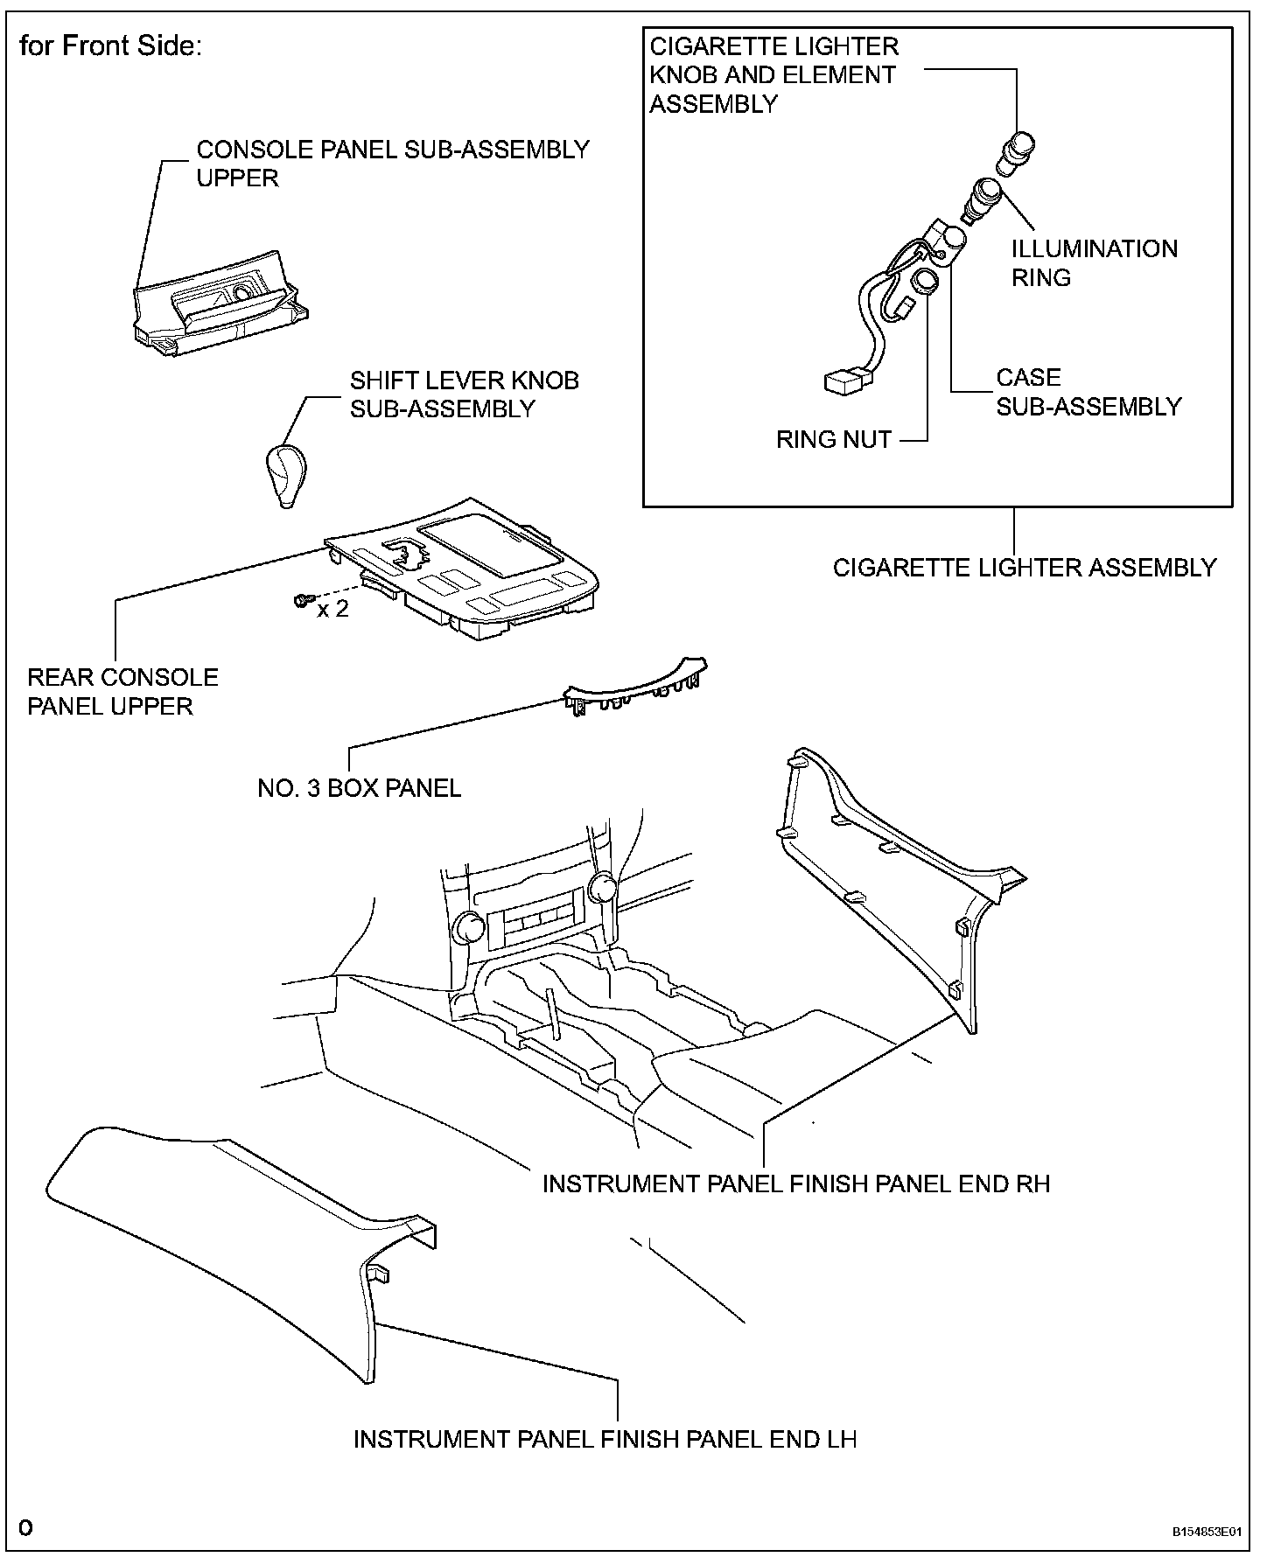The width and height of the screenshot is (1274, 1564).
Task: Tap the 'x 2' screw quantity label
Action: coord(332,609)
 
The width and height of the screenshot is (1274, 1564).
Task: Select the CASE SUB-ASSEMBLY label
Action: coord(1088,392)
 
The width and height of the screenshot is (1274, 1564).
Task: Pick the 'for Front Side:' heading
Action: coord(111,45)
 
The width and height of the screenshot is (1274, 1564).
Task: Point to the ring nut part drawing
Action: coord(924,282)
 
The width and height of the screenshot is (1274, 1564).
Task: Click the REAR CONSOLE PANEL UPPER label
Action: coord(122,692)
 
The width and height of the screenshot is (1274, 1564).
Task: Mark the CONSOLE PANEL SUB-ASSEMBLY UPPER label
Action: coord(392,164)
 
